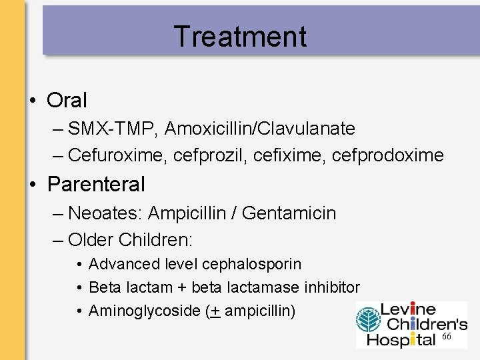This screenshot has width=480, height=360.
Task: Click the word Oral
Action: (x=67, y=100)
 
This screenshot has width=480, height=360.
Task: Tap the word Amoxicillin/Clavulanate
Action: (x=260, y=128)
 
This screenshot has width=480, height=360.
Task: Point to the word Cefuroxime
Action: (x=117, y=155)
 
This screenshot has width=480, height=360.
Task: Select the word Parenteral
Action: (x=96, y=183)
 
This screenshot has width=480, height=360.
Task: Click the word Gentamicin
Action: (x=289, y=213)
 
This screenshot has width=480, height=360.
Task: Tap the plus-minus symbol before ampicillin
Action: (x=215, y=311)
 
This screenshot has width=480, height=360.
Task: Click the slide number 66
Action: (x=447, y=338)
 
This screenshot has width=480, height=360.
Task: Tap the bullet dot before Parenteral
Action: (x=33, y=183)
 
